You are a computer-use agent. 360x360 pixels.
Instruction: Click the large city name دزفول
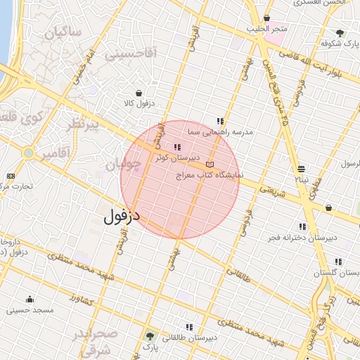pos(122,217)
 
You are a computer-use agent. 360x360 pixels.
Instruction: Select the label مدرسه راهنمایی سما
pos(220,131)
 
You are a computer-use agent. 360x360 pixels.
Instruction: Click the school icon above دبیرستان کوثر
pos(176,148)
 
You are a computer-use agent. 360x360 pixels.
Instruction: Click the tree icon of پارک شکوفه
pos(340,32)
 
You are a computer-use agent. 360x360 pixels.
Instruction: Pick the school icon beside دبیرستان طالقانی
pos(188,327)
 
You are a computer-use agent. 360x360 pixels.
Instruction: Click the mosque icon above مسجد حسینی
pos(29,300)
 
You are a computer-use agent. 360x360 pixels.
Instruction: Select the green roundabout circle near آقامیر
pos(28,152)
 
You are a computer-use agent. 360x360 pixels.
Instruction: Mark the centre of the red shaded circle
pos(180,180)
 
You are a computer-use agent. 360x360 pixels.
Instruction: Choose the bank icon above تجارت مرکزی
pos(11,176)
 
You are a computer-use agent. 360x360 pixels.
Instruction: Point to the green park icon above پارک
pos(149,335)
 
